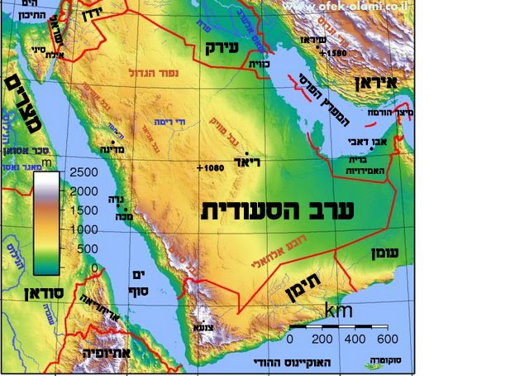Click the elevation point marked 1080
[x=212, y=168]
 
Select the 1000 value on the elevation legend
[x=83, y=229]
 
